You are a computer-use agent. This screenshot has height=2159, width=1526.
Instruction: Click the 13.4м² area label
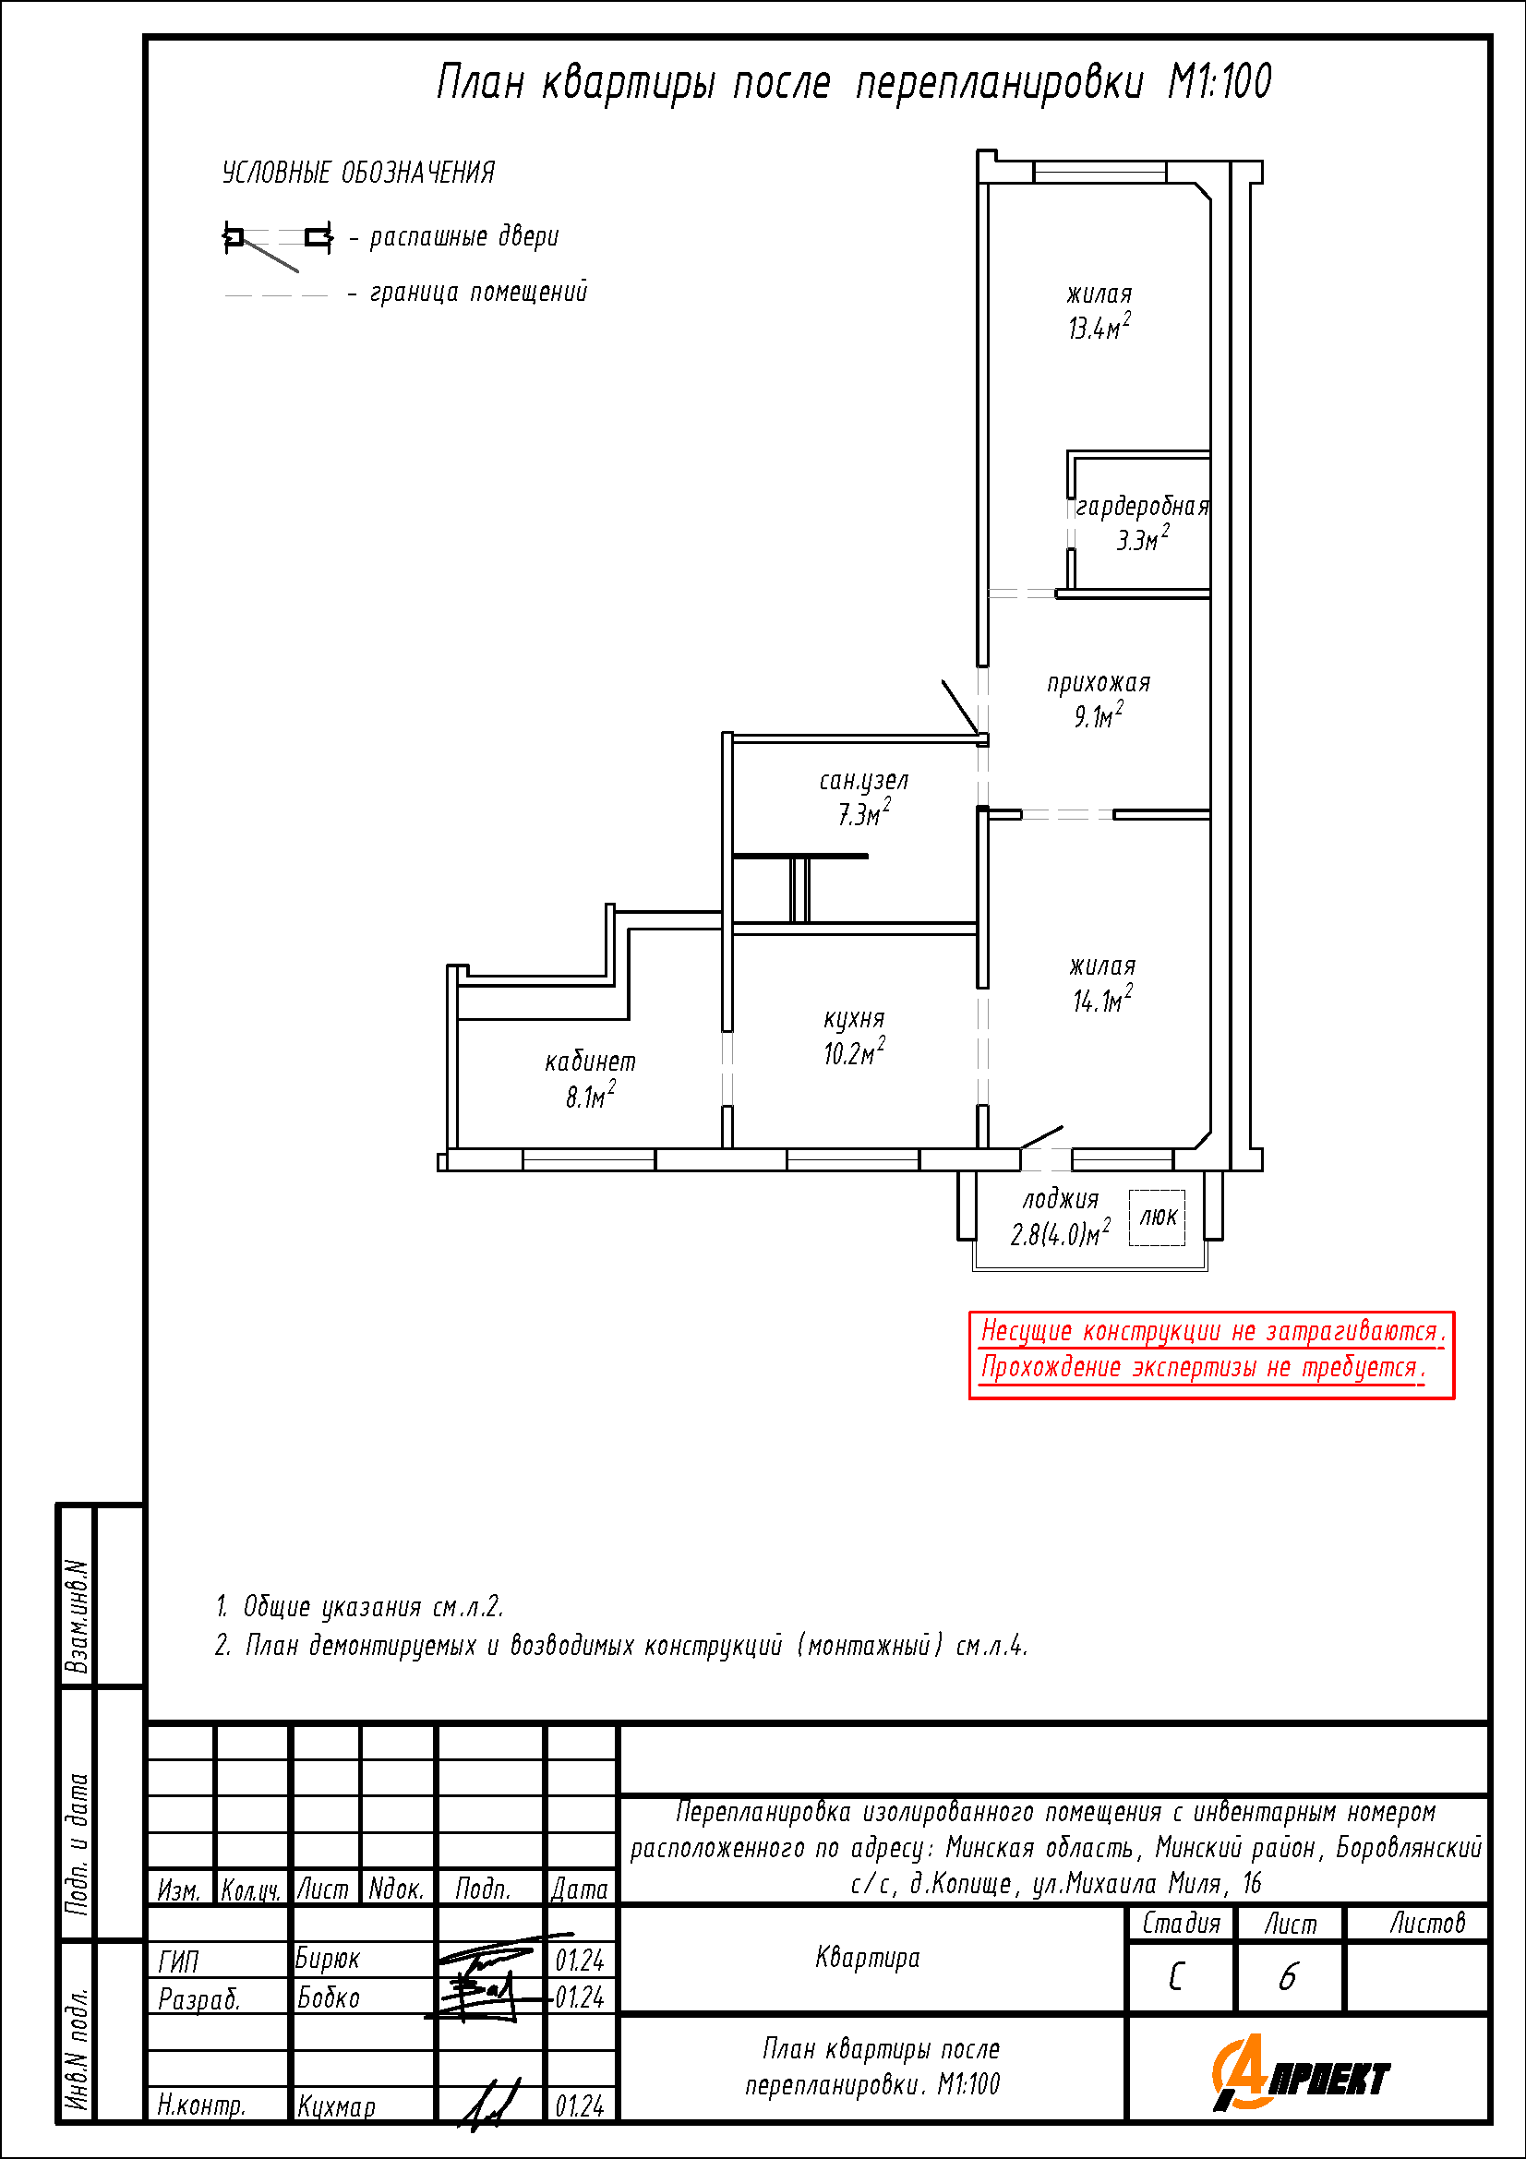(x=1099, y=328)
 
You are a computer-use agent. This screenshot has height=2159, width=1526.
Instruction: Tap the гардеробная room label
(x=1142, y=507)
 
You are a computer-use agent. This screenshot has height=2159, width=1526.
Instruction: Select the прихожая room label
(x=1099, y=683)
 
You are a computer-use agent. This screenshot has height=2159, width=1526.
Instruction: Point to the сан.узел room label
(x=864, y=781)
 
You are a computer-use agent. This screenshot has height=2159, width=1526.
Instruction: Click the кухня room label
(x=855, y=1019)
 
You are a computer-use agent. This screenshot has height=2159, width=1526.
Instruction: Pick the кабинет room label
(x=591, y=1062)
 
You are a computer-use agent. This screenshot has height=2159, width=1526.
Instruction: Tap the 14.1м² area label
(x=1103, y=1001)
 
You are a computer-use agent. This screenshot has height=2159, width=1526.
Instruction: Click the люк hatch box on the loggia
(x=1157, y=1217)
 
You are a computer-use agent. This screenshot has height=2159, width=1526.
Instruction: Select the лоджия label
(x=1062, y=1200)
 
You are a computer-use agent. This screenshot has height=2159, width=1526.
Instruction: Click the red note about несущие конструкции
(x=1212, y=1355)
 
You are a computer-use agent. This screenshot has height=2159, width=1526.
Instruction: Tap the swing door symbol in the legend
(x=277, y=245)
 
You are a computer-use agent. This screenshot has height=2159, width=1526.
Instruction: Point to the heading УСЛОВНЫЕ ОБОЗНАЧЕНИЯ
(x=358, y=173)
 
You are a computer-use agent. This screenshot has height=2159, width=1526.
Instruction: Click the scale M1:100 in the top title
(x=1220, y=82)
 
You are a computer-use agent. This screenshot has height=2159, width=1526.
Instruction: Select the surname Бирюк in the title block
(x=328, y=1959)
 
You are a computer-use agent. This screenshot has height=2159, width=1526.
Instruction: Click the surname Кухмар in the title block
(x=337, y=2106)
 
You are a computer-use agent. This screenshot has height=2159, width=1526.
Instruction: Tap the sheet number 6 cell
(x=1288, y=1976)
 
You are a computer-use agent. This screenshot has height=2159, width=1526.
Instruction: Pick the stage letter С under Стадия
(x=1176, y=1976)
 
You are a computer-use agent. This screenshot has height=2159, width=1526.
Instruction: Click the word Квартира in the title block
(x=868, y=1959)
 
